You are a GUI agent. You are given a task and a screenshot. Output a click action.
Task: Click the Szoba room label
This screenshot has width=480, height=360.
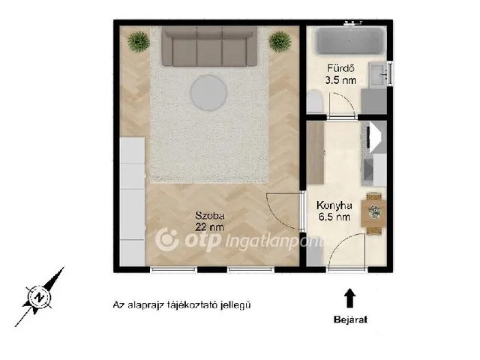210,215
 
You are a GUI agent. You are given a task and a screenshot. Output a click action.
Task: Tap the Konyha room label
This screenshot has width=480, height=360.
334,205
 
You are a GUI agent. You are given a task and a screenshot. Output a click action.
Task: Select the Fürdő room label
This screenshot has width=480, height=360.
340,68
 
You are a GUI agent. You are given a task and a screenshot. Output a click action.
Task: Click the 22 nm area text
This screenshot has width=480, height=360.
210,227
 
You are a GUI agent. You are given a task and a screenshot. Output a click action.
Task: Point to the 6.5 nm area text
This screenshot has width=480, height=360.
334,217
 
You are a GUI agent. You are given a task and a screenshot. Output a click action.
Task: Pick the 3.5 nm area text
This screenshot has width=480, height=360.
340,80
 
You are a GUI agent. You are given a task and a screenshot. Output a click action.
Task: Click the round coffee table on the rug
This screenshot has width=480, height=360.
208,92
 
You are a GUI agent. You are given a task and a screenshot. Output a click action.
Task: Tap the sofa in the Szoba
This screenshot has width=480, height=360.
209,46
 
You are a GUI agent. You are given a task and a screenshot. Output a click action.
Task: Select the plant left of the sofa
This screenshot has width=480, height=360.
139,42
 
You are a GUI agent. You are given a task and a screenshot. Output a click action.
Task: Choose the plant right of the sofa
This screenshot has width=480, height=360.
280,42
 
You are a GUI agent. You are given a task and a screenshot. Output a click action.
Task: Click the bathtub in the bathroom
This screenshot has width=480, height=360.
350,40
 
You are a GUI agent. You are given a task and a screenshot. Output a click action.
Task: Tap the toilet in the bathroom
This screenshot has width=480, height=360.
315,102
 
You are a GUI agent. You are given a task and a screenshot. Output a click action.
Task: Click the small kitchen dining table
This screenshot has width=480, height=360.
373,213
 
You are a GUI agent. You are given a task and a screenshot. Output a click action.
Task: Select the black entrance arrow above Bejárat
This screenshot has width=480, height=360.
349,298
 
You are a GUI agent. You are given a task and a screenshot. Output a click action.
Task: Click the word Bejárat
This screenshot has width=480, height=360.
350,320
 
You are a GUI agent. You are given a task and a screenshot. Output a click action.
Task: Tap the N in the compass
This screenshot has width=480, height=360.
39,297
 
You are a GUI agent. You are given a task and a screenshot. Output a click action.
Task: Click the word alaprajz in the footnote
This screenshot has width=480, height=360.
145,305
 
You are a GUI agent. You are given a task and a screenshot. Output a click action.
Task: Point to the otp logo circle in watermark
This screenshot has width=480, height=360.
167,239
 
